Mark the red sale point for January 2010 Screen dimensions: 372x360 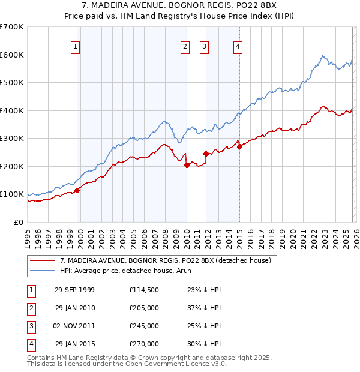point(187,165)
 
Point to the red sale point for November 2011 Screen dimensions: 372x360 point(206,154)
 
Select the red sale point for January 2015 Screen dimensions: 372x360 point(239,146)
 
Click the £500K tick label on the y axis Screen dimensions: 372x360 point(11,83)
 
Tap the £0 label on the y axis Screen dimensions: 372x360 point(18,222)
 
